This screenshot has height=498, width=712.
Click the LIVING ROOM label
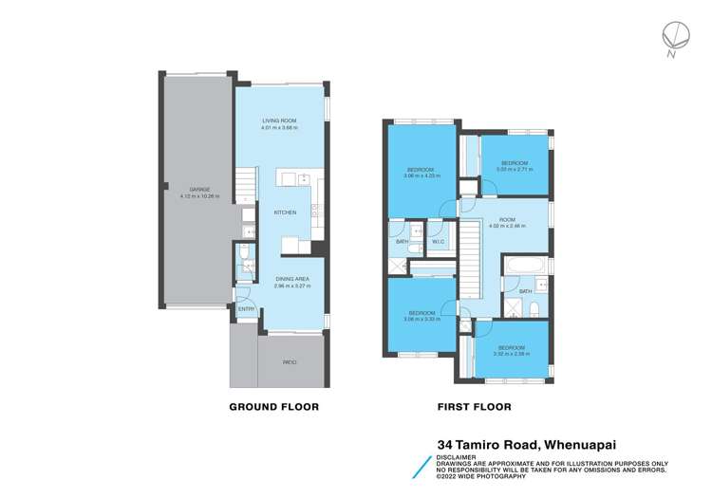tap(280, 120)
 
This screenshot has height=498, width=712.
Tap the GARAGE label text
tap(199, 190)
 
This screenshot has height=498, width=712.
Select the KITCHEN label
tap(286, 212)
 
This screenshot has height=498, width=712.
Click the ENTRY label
tap(245, 308)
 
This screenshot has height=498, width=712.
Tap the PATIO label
tap(287, 361)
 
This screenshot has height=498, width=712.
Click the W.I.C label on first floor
tap(439, 242)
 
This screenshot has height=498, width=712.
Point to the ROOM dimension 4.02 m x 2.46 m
tap(505, 227)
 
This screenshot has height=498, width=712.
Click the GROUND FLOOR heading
tap(273, 406)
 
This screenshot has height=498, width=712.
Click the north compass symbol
tap(674, 38)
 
